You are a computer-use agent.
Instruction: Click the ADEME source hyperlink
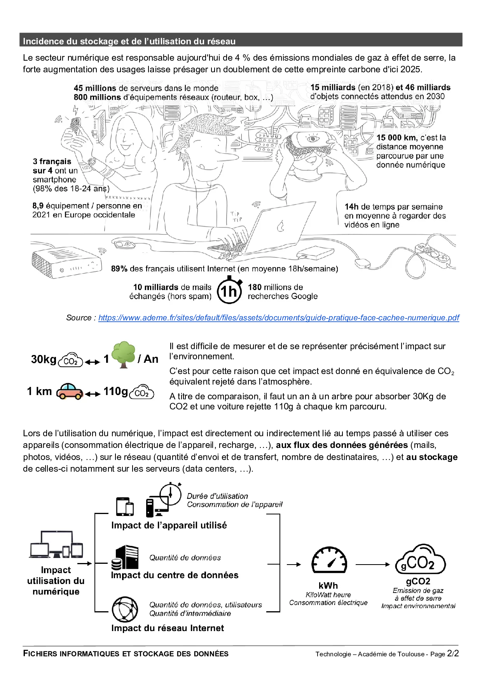pos(279,318)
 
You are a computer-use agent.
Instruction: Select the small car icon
pos(70,392)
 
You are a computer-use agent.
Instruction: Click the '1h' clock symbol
pos(229,290)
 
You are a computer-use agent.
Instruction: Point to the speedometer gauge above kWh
pos(329,560)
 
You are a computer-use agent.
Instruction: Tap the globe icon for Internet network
pos(125,609)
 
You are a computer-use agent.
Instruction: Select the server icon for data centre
pos(125,558)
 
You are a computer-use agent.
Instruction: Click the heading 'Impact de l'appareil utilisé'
pos(169,525)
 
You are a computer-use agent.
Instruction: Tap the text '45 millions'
pos(95,88)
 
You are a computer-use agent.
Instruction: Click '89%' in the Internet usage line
pos(119,269)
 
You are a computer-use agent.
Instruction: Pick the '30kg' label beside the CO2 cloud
pos(44,359)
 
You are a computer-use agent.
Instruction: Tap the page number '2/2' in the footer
pos(453,654)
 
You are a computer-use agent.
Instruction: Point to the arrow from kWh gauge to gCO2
pos(373,564)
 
